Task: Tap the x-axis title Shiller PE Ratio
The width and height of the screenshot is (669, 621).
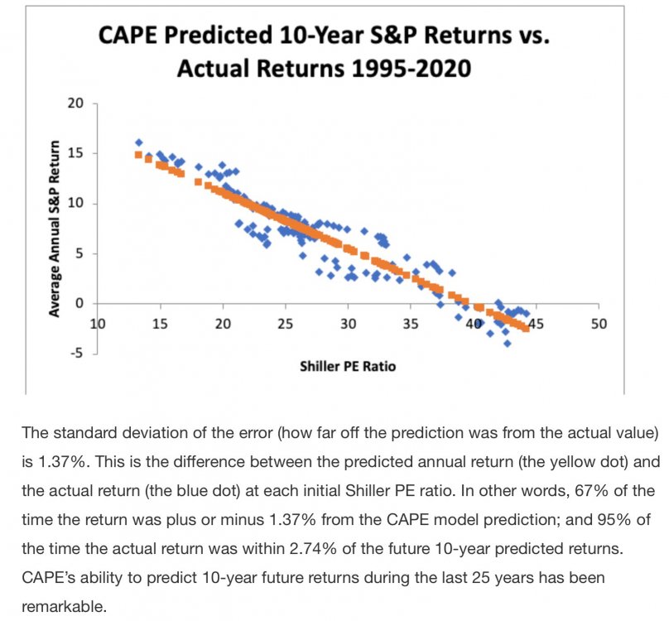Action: click(x=347, y=365)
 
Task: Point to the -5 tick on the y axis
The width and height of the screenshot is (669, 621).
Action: click(x=79, y=354)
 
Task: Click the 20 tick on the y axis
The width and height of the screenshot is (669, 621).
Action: click(x=77, y=103)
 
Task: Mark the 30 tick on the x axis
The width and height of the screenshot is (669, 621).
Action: click(x=349, y=323)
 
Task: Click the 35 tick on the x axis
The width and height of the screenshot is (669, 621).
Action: click(x=410, y=323)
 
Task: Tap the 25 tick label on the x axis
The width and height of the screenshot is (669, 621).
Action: click(x=286, y=323)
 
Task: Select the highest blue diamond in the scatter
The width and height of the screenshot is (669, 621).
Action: click(x=138, y=142)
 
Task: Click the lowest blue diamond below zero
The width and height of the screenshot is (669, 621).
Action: click(x=507, y=343)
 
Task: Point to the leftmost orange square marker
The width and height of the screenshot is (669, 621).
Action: click(x=138, y=154)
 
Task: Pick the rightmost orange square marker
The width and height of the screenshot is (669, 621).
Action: click(x=526, y=329)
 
